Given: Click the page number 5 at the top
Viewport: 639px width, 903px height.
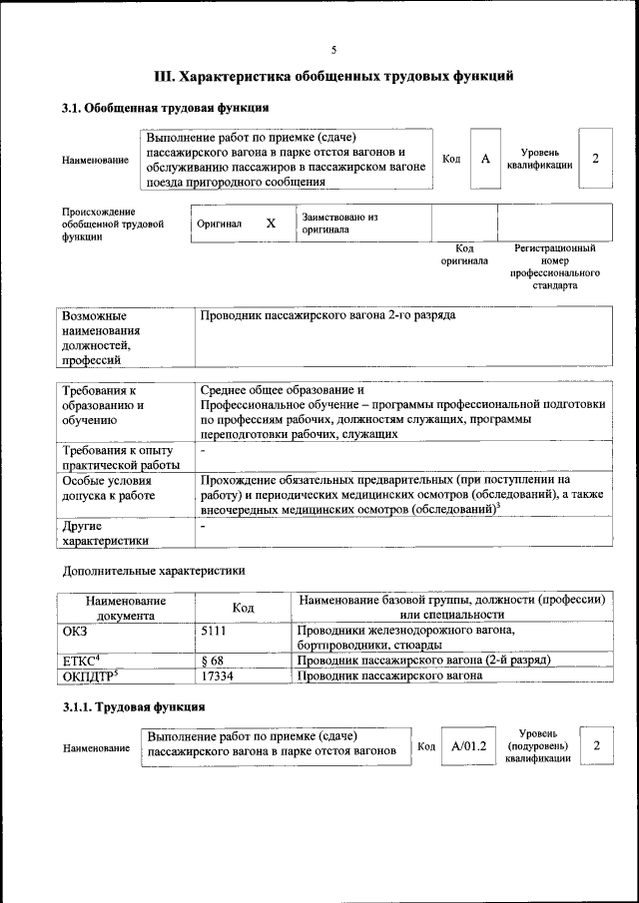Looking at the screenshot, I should (334, 49).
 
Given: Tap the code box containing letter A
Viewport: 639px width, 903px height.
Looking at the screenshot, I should (485, 159).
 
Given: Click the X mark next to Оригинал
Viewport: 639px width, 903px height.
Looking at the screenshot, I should (271, 224).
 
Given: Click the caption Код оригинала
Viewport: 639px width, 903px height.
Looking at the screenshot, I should (464, 254).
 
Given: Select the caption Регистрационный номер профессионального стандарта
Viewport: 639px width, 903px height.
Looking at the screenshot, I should (554, 265).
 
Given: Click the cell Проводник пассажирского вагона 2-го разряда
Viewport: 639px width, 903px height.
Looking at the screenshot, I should (329, 315).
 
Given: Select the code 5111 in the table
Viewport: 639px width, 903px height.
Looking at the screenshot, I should (216, 631).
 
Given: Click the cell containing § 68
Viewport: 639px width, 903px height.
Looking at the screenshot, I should (212, 661).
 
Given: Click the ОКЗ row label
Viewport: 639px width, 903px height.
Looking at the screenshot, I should (76, 631).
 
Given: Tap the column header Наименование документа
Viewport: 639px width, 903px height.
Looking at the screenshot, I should (126, 608).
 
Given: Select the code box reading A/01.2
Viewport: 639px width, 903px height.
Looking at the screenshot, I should (468, 745).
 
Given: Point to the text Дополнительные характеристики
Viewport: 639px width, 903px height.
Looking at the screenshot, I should (154, 571).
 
